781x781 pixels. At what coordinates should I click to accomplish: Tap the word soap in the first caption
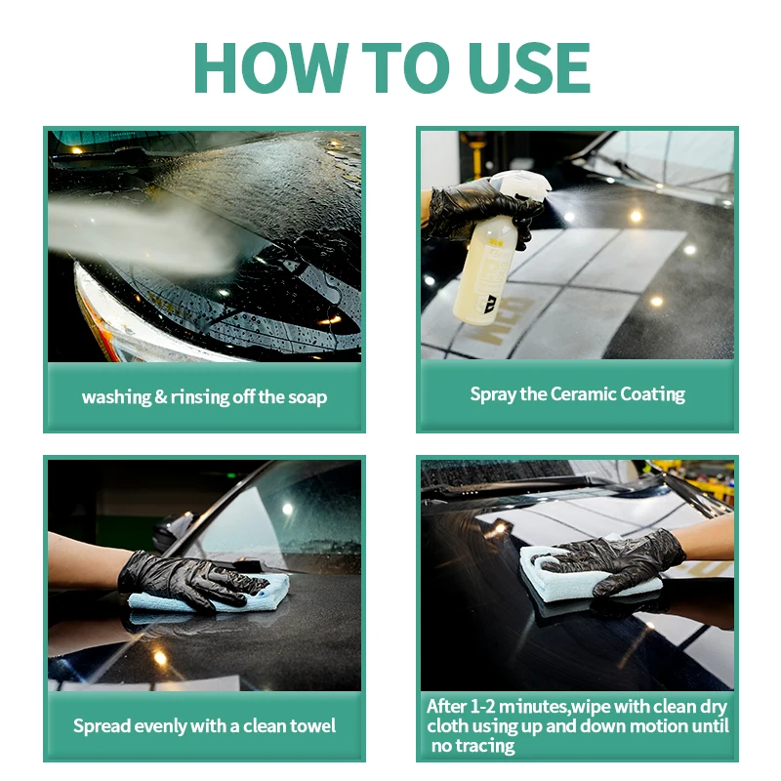[305, 397]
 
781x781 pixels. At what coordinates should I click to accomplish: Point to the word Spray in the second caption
[493, 394]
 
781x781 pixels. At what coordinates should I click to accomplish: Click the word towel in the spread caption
[311, 725]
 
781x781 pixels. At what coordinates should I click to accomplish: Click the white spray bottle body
[482, 273]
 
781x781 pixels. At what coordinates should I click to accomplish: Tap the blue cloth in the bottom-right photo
[556, 576]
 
